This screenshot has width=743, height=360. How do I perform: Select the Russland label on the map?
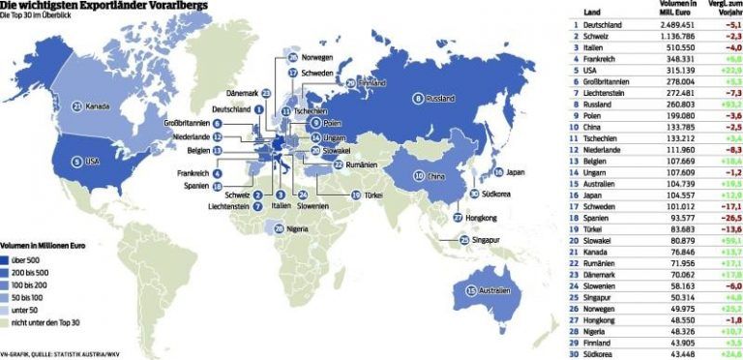pos(440,98)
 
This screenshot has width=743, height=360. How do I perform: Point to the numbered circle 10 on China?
pos(419,176)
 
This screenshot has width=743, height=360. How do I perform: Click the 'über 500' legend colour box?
pos(8,259)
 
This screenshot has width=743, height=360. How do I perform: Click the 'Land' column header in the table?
pos(592,6)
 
